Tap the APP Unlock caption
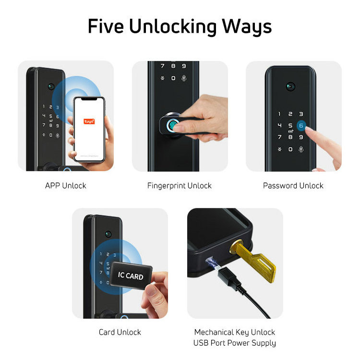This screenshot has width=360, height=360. tap(66, 185)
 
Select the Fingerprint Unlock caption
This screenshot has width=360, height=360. tap(180, 185)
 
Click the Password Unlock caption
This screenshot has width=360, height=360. tap(293, 185)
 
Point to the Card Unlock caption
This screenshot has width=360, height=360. tap(120, 332)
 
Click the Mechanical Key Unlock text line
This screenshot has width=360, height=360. tap(235, 332)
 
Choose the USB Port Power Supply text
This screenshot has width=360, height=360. tap(235, 343)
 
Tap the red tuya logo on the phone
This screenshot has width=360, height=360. tap(89, 121)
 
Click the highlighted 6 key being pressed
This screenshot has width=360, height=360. tap(301, 125)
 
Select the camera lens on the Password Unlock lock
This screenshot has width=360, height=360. tap(289, 86)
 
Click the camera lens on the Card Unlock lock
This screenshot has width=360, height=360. tap(108, 234)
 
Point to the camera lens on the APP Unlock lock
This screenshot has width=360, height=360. tap(50, 87)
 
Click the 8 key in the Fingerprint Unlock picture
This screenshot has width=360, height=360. tap(173, 66)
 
